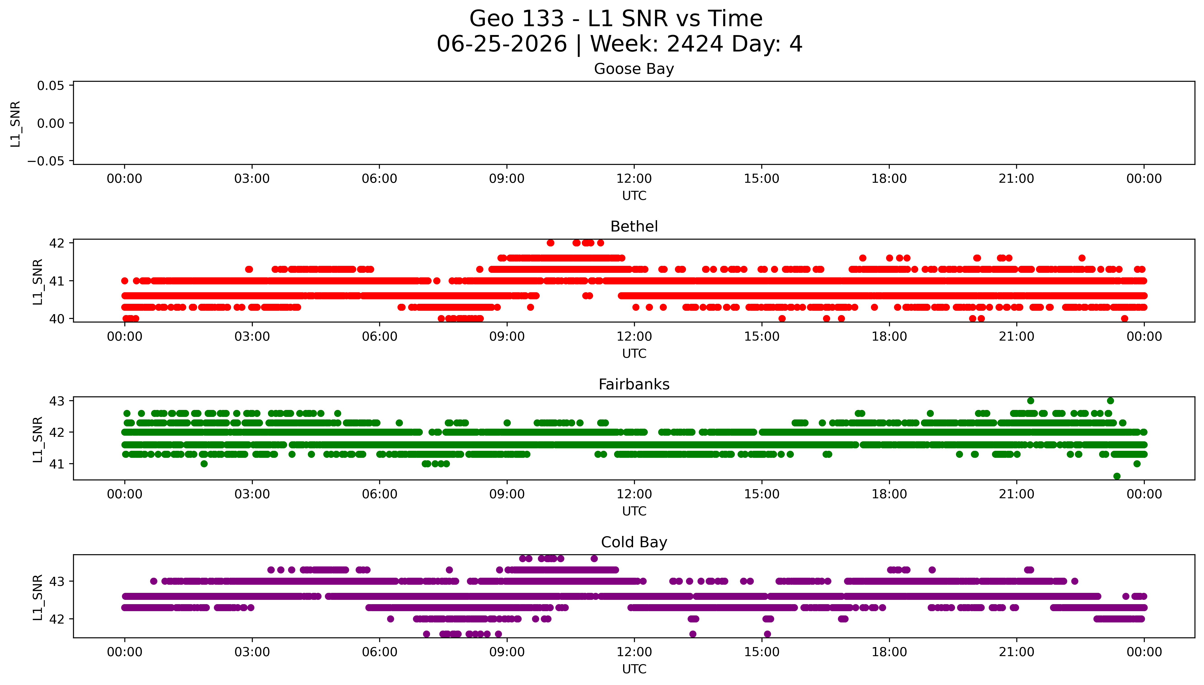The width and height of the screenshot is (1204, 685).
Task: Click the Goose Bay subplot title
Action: click(634, 69)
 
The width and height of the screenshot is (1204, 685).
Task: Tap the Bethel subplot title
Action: click(634, 227)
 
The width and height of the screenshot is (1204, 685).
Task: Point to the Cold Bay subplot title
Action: click(634, 542)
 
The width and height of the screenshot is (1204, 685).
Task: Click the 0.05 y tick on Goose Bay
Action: click(51, 86)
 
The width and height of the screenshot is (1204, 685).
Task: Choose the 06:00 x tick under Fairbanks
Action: click(380, 494)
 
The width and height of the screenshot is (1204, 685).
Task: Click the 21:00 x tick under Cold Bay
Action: click(1017, 652)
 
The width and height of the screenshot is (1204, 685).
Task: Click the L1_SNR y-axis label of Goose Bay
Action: click(16, 124)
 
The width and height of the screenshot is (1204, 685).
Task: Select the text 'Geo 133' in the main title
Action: click(517, 19)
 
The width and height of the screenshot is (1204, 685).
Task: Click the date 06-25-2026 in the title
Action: click(502, 44)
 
